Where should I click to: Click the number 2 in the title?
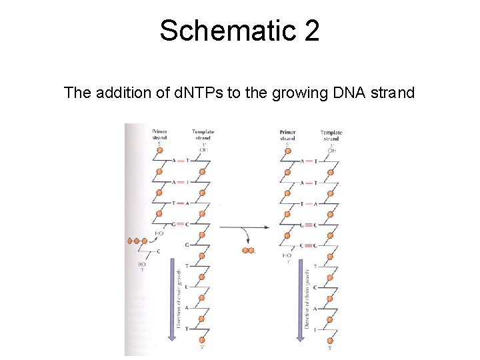pos(311,31)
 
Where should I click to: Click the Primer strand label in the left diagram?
pos(159,135)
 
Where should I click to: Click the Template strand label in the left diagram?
pos(203,135)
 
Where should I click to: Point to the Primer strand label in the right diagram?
pos(287,135)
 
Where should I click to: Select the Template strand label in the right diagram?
pos(331,135)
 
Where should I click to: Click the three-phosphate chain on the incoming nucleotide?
pos(136,241)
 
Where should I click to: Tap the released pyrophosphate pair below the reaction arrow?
pos(248,251)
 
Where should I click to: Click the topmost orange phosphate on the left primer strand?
pos(159,151)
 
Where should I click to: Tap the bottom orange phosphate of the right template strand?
pos(331,337)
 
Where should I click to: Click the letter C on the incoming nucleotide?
pos(158,251)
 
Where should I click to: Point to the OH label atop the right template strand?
pos(331,151)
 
